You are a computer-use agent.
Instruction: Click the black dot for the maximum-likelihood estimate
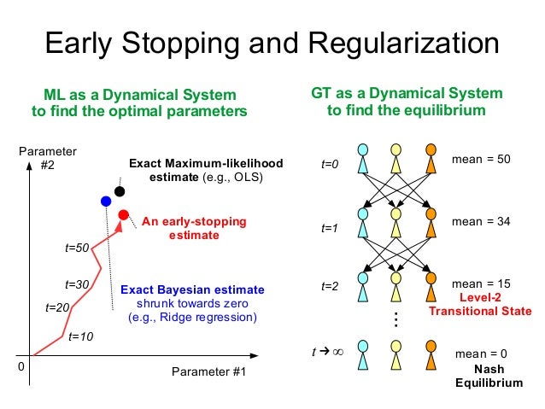(x=120, y=191)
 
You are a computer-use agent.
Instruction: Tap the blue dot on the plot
(x=106, y=202)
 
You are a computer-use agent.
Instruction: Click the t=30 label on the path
(x=78, y=283)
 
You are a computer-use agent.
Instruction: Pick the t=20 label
(x=56, y=307)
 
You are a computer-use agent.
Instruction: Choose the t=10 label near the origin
(x=80, y=337)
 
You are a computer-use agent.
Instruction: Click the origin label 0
(x=22, y=366)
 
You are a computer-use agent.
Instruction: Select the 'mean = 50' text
(x=480, y=159)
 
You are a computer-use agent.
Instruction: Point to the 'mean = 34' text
(x=480, y=221)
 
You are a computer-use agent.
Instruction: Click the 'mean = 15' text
(x=480, y=283)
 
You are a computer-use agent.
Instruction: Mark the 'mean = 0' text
(x=481, y=353)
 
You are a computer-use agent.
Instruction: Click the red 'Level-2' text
(x=479, y=298)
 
